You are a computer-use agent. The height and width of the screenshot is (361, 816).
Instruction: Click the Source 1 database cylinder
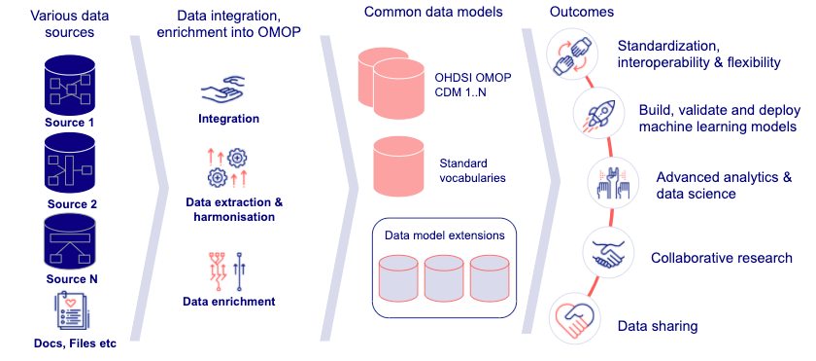pyautogui.click(x=70, y=86)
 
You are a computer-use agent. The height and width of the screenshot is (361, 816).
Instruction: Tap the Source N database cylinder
pyautogui.click(x=70, y=241)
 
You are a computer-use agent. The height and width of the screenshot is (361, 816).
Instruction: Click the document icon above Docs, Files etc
pyautogui.click(x=71, y=311)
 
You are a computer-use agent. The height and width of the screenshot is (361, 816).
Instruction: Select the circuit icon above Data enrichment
pyautogui.click(x=227, y=271)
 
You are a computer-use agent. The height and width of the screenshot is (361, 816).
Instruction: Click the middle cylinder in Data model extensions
pyautogui.click(x=444, y=278)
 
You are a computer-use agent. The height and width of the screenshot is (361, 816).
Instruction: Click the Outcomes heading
pyautogui.click(x=582, y=13)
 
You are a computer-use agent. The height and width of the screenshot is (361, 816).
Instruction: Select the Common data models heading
pyautogui.click(x=433, y=13)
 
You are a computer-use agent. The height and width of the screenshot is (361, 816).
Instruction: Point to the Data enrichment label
pyautogui.click(x=228, y=301)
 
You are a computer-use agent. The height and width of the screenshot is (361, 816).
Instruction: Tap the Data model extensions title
pyautogui.click(x=445, y=235)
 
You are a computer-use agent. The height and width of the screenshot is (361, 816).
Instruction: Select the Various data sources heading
pyautogui.click(x=69, y=23)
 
